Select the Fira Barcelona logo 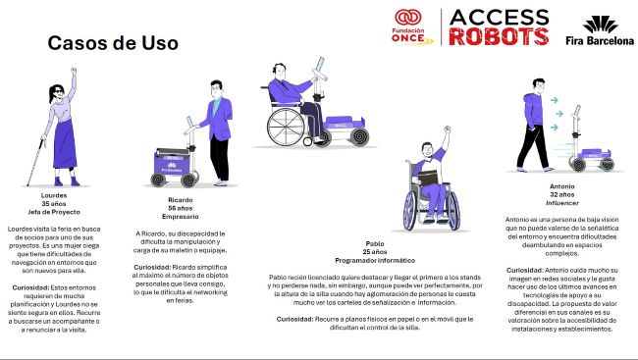point(600,30)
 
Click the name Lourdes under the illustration point(67,195)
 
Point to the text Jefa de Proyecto point(67,212)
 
